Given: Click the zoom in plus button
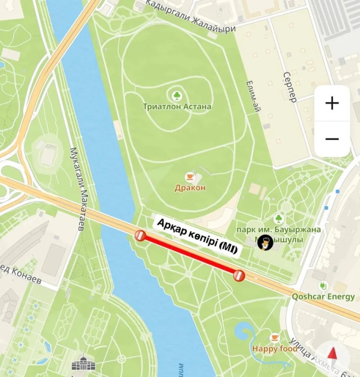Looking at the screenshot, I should pos(332,103).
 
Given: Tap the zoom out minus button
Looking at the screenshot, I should pos(332,139).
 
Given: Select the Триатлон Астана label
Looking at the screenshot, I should pos(177,107).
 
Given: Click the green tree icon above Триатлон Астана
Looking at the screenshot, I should pos(177,96).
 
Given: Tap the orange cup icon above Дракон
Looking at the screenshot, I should pos(190,177).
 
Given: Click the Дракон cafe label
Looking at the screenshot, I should pos(190,188).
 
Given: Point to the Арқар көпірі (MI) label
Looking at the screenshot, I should pos(197,236).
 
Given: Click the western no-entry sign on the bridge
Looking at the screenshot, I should pos(140,236).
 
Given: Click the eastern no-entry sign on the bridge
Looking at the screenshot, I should pos(239,276).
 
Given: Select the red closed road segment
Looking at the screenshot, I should pos(189,256).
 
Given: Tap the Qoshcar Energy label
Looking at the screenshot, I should pos(323,296).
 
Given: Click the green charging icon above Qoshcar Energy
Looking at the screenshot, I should pos(323,285).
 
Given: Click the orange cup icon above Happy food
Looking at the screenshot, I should pos(275,338).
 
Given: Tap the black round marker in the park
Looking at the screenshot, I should pos(265,243).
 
